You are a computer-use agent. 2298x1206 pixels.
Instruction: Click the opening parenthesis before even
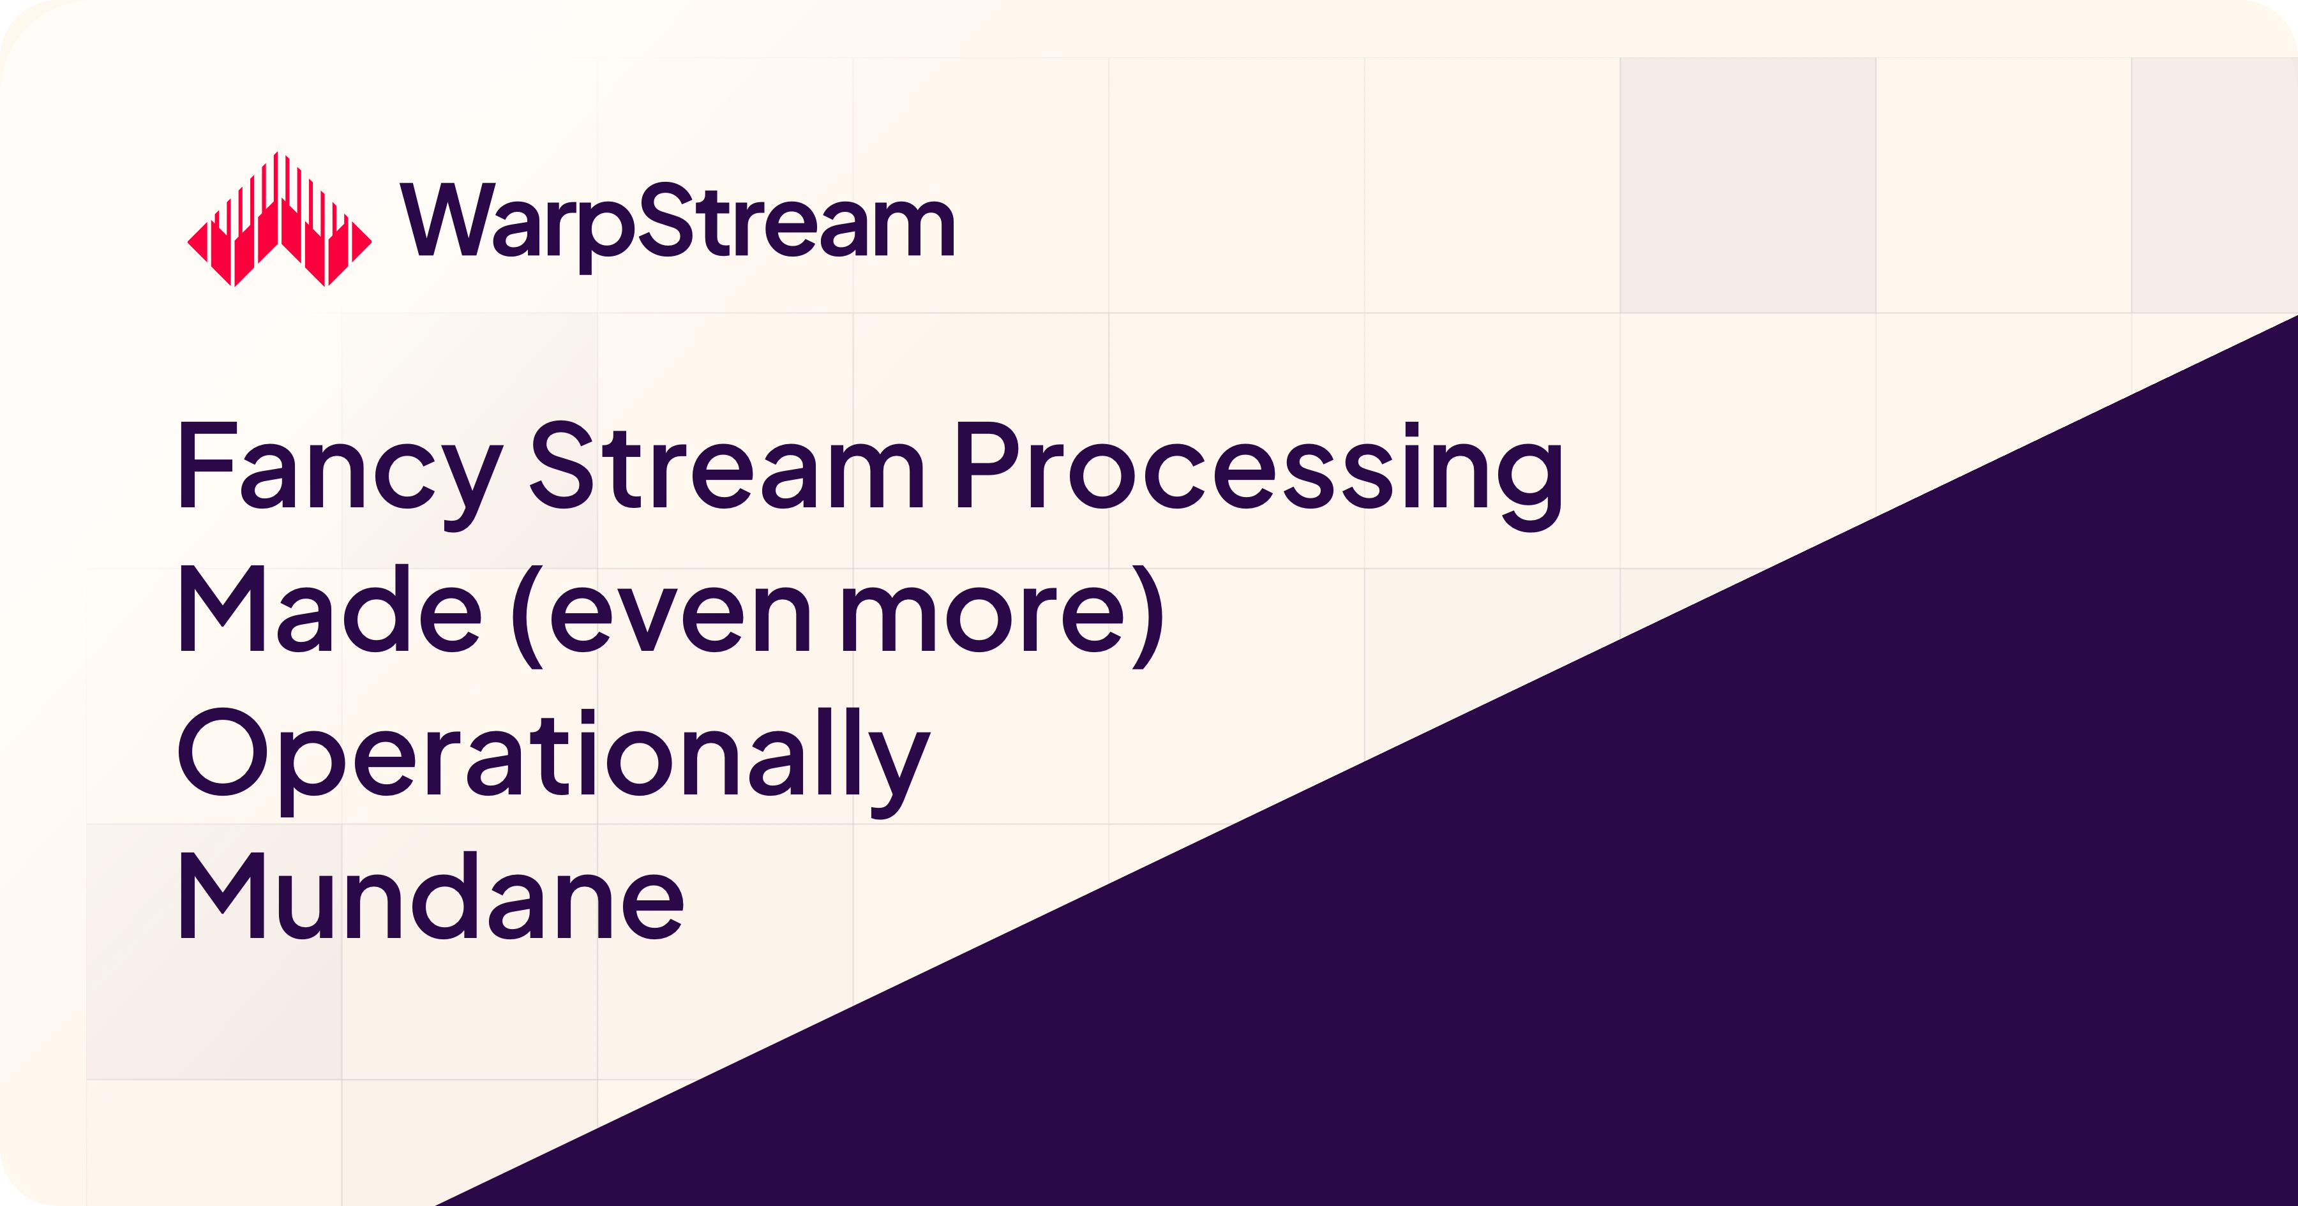(528, 616)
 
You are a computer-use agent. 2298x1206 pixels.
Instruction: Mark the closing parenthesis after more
(1147, 616)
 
